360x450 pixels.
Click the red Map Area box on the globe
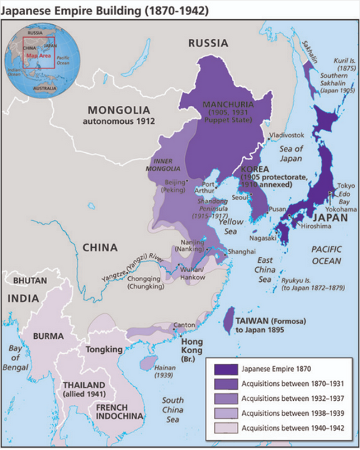pos(38,55)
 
